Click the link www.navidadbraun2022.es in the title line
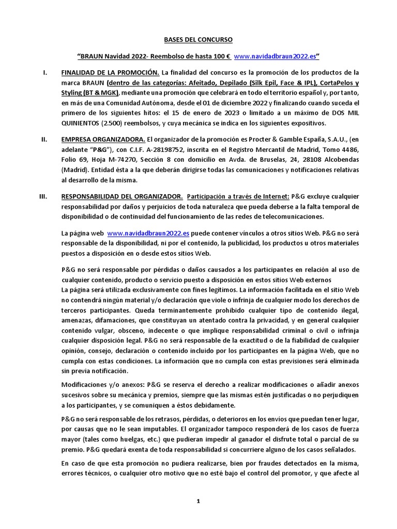(275, 55)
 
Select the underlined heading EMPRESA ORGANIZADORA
(103, 139)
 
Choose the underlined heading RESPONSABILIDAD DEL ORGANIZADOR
(121, 196)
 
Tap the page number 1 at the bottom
(198, 501)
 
